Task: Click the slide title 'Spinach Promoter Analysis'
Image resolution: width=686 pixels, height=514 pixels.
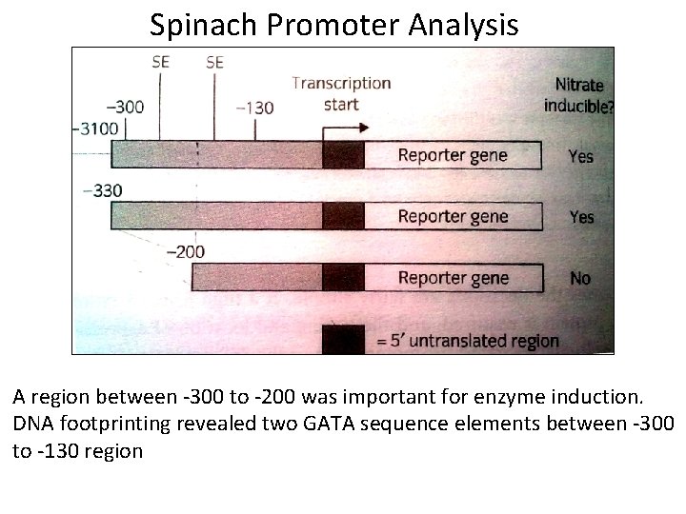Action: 333,24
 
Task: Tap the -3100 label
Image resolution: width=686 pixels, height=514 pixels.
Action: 94,128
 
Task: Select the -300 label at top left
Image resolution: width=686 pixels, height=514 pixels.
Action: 124,107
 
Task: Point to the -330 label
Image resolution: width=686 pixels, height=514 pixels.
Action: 103,190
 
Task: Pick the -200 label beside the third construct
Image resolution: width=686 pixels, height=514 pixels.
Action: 185,252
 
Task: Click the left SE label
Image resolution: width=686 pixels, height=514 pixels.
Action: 161,63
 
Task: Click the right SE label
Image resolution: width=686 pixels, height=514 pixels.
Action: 214,63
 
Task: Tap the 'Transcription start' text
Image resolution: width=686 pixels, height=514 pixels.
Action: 341,93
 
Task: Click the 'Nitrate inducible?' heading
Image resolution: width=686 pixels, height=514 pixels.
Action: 578,95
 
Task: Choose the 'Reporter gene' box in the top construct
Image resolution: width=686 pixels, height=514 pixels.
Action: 453,155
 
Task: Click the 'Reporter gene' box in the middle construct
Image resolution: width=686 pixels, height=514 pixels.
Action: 453,216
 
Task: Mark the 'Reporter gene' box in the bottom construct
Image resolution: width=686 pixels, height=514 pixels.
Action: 453,278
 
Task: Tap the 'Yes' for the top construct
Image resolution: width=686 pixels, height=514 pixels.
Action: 580,156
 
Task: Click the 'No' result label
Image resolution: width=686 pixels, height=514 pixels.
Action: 579,278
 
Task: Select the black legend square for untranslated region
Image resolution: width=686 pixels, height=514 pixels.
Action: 343,339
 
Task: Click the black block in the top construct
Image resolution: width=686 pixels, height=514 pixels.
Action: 343,155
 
